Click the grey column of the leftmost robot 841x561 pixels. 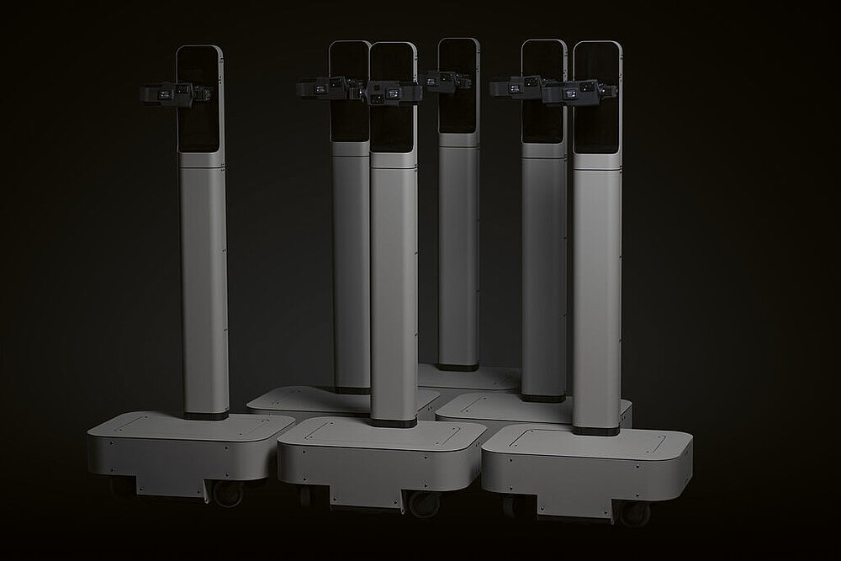[204, 278]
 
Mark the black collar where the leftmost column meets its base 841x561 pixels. [207, 415]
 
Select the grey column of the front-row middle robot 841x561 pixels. [394, 286]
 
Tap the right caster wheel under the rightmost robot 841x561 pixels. [632, 510]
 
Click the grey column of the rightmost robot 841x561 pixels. [596, 286]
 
